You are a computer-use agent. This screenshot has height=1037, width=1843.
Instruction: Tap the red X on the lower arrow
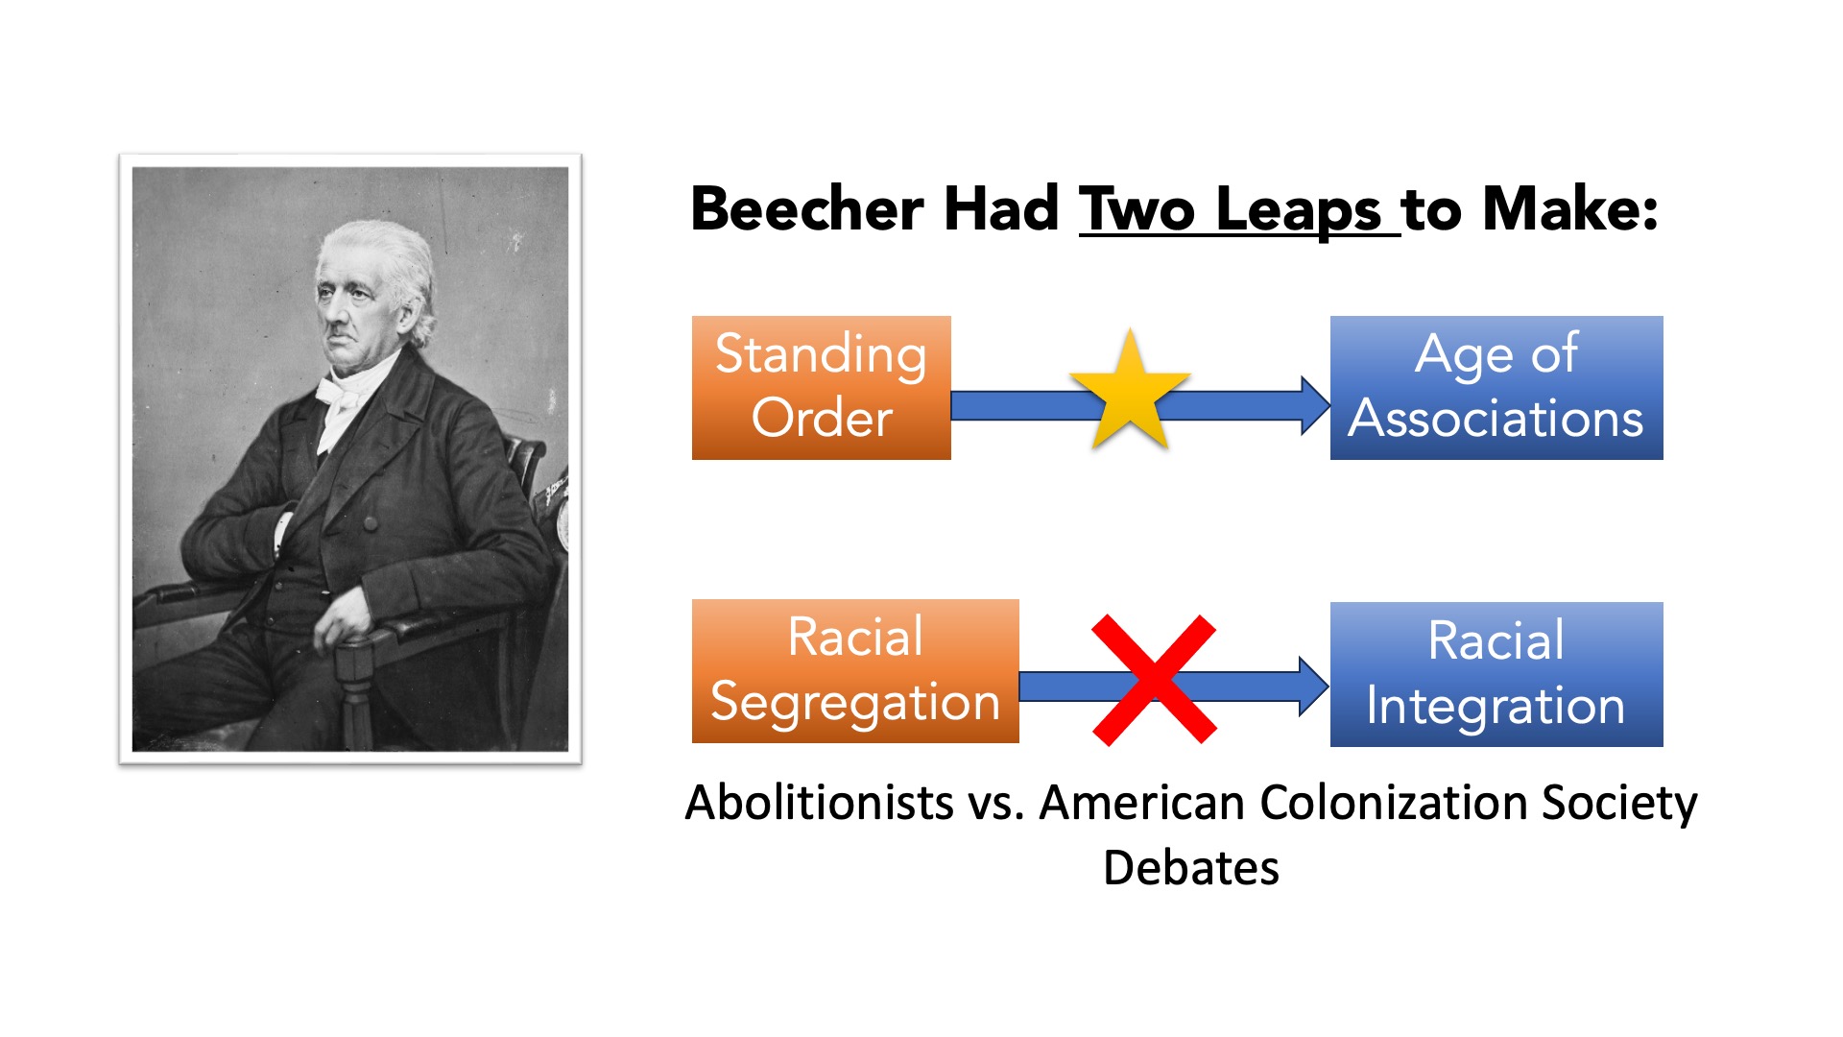(1155, 680)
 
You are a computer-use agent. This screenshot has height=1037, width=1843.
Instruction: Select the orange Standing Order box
(822, 388)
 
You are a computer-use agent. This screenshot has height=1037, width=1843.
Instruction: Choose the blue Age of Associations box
(1496, 388)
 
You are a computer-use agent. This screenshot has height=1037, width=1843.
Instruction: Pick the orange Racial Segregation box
(855, 671)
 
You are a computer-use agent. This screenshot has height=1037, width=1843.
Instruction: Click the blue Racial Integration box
(1496, 674)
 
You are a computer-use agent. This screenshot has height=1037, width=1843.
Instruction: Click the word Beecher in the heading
(808, 208)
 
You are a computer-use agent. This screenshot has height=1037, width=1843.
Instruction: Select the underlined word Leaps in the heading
(1299, 210)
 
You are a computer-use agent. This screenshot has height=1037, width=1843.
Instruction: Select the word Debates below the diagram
(1191, 868)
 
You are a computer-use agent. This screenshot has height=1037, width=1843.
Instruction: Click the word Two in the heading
(1137, 208)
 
